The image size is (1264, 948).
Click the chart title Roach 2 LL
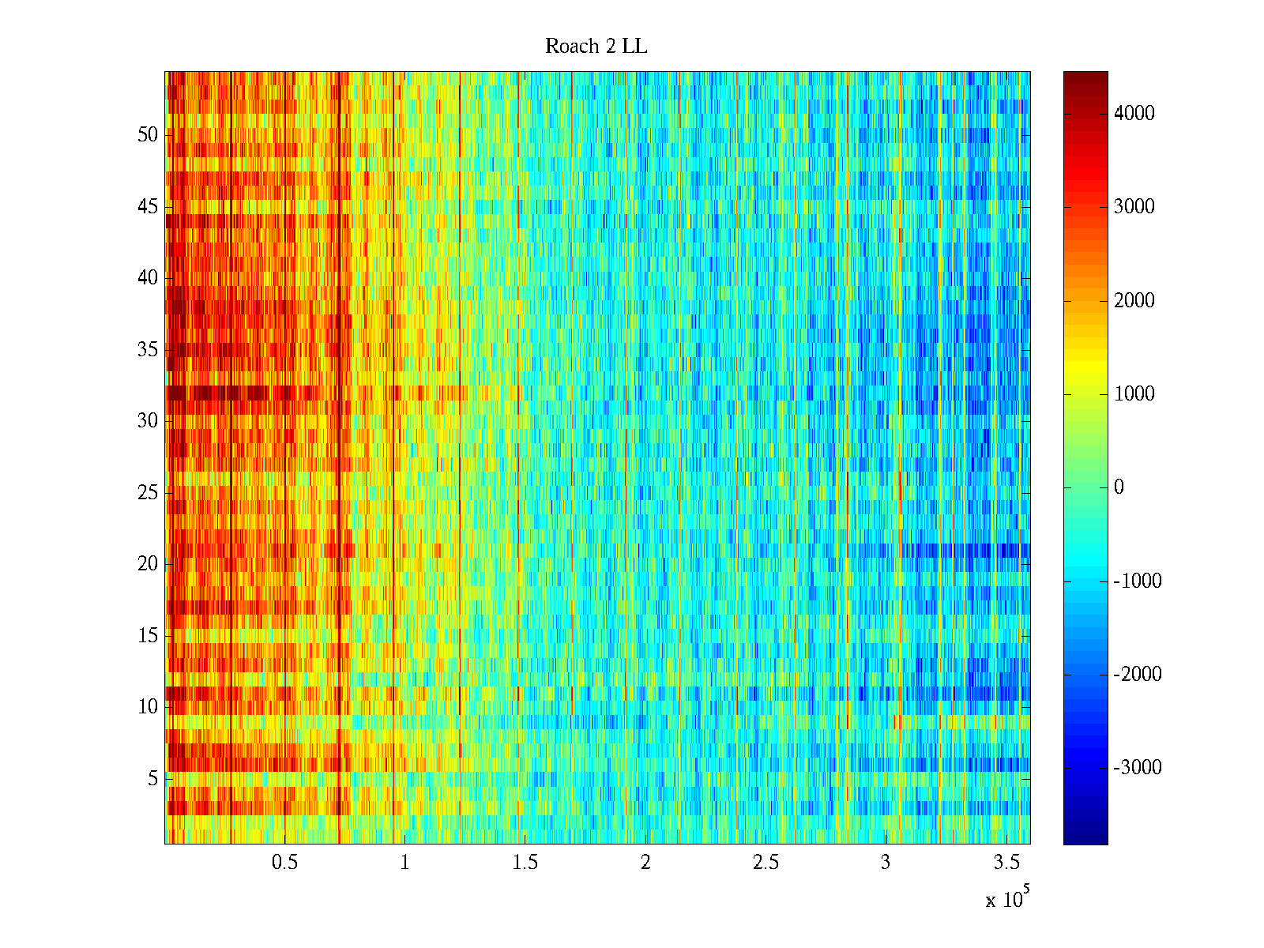[596, 47]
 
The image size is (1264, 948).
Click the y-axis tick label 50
[148, 135]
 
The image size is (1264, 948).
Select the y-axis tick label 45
[148, 207]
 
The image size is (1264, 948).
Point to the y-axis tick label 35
[148, 350]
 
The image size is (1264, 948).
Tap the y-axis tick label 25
[148, 493]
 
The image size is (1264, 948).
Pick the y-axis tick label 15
[148, 636]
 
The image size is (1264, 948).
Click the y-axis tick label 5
[152, 779]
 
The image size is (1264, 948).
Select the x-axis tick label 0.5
[285, 863]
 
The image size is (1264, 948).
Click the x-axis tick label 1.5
[525, 863]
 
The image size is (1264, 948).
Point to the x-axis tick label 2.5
[766, 863]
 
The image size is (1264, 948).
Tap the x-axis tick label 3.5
[1006, 863]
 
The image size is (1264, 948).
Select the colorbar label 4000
[1134, 114]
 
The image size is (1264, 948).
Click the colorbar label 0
[1119, 487]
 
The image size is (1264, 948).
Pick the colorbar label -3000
[1138, 768]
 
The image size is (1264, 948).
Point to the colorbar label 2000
[1134, 301]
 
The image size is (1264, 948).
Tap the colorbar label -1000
[1138, 581]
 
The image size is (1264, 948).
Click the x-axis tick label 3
[886, 863]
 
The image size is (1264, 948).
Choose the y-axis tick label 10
[148, 707]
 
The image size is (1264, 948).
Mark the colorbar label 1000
[1134, 394]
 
